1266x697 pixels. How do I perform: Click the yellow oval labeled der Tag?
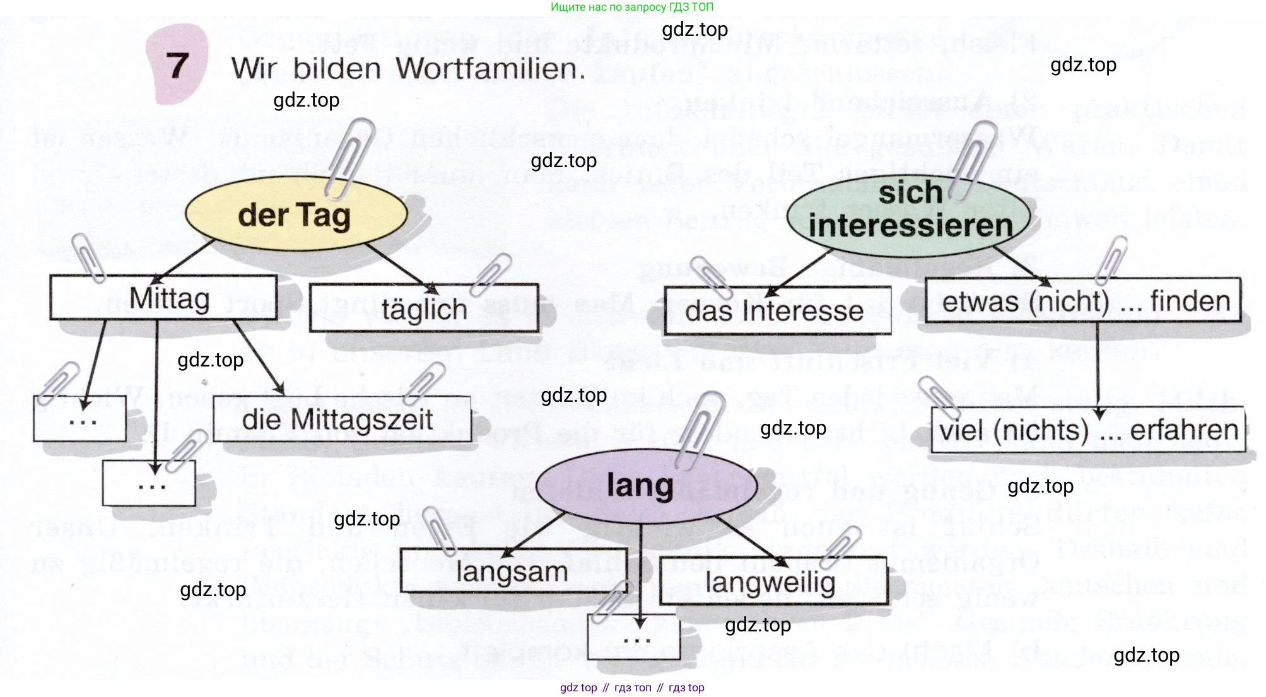pyautogui.click(x=295, y=215)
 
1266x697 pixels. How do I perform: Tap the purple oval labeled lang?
pyautogui.click(x=640, y=486)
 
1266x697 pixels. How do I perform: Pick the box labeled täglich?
pyautogui.click(x=424, y=309)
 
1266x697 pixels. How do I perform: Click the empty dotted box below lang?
pyautogui.click(x=634, y=639)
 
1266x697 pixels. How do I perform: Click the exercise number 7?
pyautogui.click(x=177, y=66)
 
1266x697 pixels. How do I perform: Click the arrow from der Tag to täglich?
pyautogui.click(x=401, y=267)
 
